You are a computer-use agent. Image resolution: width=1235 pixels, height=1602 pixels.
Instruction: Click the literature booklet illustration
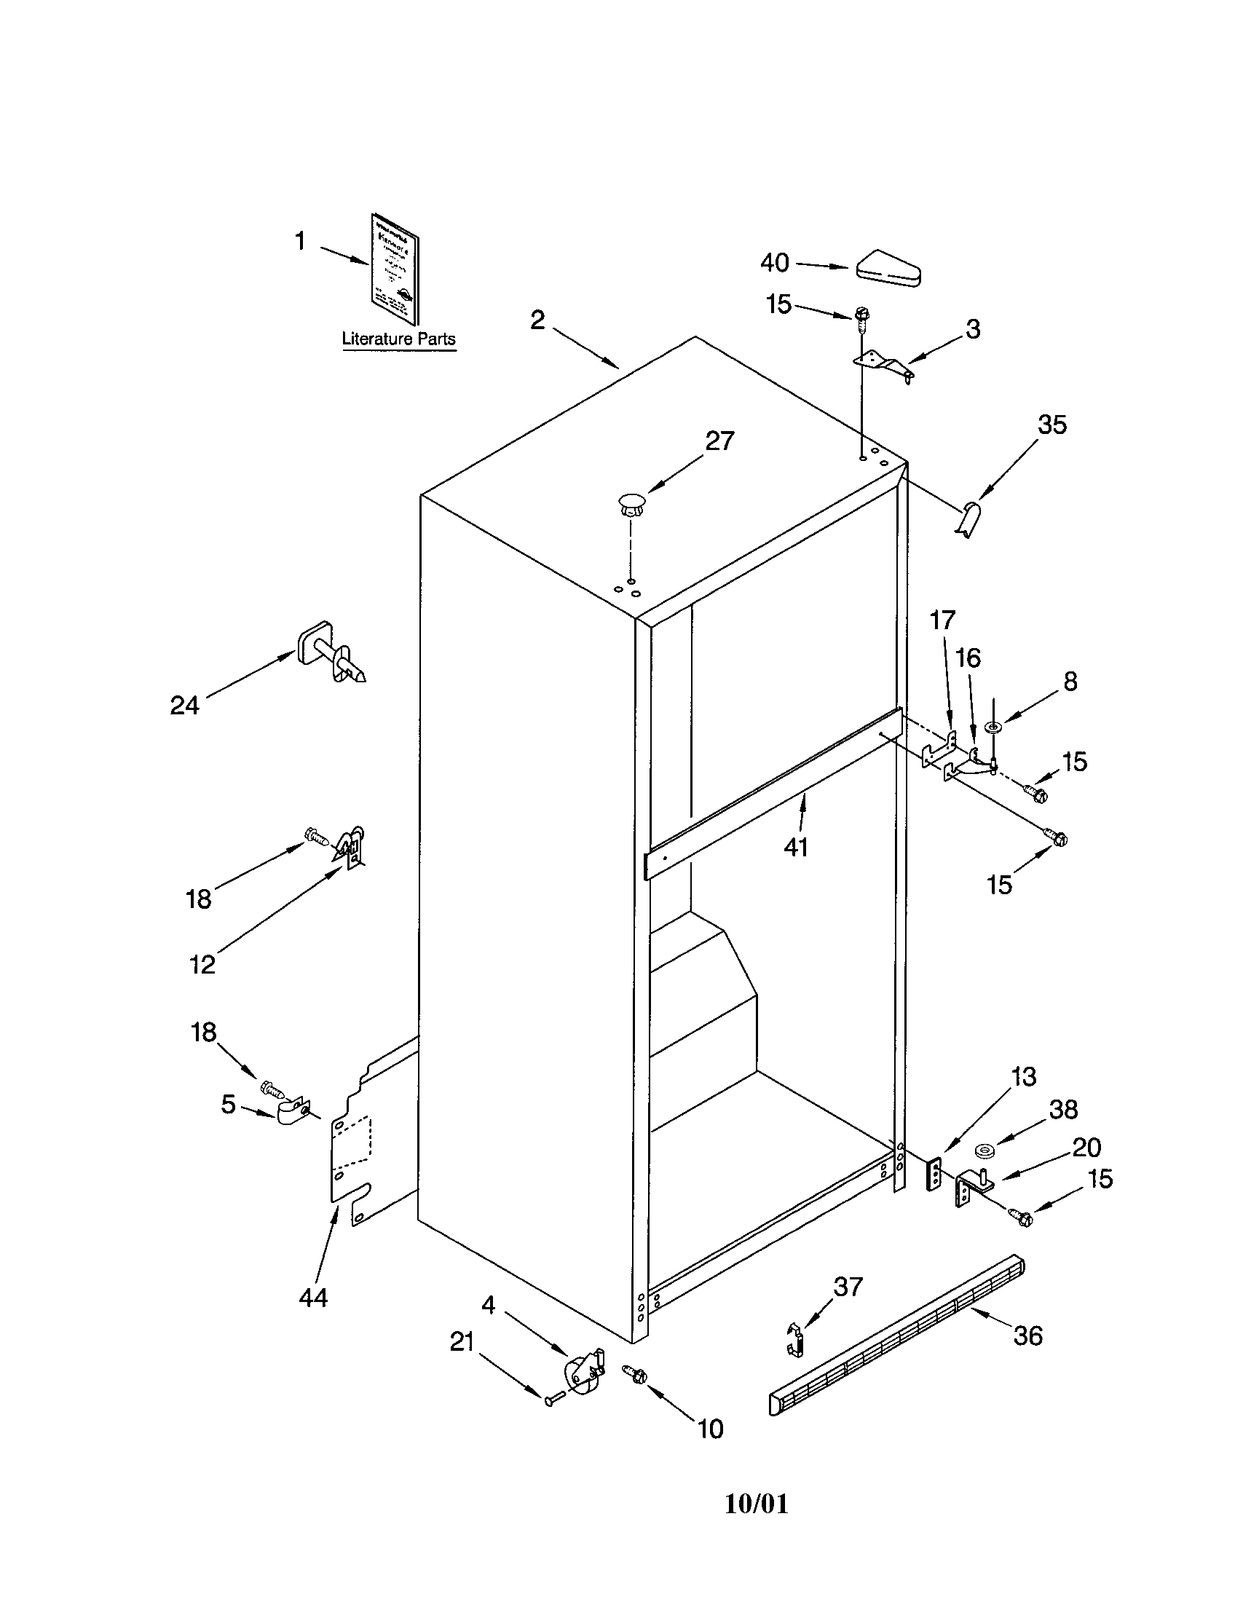(395, 269)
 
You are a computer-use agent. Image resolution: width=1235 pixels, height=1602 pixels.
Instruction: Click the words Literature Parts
(398, 339)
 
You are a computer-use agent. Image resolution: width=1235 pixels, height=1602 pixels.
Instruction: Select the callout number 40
(775, 263)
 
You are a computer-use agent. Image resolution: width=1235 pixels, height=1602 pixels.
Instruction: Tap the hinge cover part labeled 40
(888, 269)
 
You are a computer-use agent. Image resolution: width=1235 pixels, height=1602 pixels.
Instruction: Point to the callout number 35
(1051, 425)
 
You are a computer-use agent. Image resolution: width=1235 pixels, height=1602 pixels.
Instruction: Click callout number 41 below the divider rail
(796, 847)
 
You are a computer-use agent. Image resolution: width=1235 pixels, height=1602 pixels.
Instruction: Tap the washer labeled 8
(994, 727)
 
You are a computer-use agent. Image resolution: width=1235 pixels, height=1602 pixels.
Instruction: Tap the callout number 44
(313, 1298)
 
